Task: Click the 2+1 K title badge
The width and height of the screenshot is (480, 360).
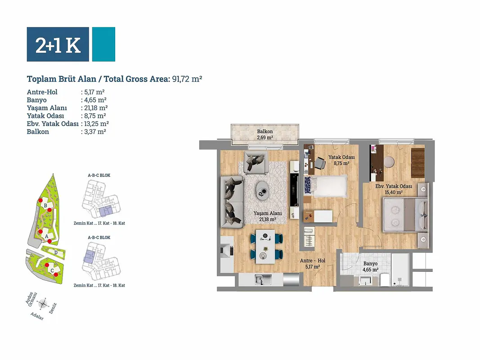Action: coord(58,45)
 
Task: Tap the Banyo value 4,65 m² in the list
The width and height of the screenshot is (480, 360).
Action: coord(95,100)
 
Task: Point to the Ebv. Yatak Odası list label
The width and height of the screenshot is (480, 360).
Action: coord(53,124)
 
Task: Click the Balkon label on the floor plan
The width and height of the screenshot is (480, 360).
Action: coord(265,132)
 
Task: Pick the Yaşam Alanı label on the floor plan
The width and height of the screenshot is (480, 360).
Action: coord(268,213)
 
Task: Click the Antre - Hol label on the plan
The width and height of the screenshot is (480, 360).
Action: coord(313,261)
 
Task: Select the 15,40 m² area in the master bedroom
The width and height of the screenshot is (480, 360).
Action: coord(394,192)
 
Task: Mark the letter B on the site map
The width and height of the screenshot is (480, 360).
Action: coord(45,206)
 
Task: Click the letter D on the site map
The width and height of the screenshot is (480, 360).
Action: coord(56,252)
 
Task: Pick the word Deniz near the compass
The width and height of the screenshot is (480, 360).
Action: coord(53,308)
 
